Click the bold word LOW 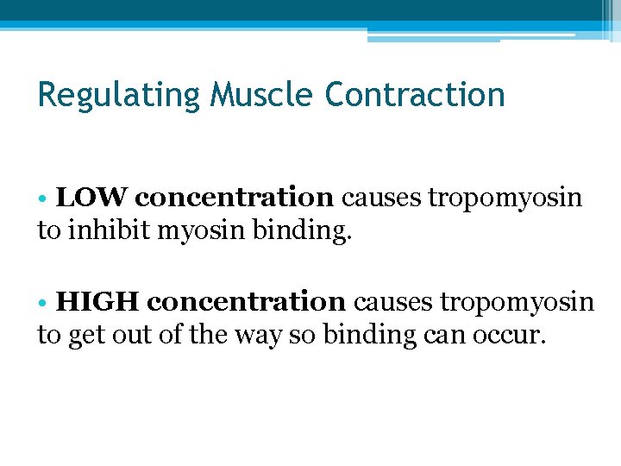pos(91,198)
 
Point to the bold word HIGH pos(97,302)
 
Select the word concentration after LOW pos(235,198)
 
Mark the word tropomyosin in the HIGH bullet pos(517,303)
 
